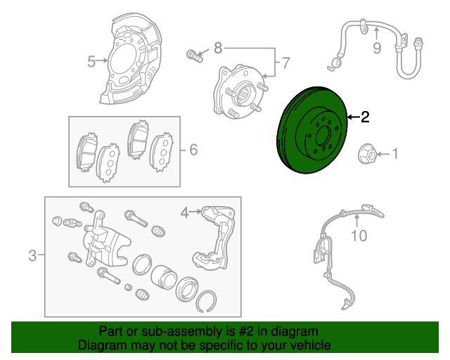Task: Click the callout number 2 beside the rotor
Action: coord(365,117)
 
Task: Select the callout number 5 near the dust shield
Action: coord(91,62)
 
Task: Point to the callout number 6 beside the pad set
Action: coord(194,150)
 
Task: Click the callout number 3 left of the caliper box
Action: coord(33,255)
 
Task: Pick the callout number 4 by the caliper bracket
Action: coord(185,213)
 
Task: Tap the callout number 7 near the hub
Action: coord(285,63)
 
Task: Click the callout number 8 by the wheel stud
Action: coord(218,48)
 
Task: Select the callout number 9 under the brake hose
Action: coord(377,48)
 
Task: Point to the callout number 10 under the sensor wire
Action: coord(359,236)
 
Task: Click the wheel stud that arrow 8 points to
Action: coord(195,56)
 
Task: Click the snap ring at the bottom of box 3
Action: coord(206,302)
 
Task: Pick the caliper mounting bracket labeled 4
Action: coord(214,238)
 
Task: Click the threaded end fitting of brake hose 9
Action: coord(418,42)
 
